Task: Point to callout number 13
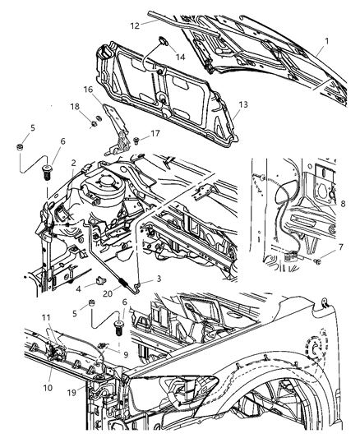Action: tap(242, 105)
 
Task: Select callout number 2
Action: tap(73, 164)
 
